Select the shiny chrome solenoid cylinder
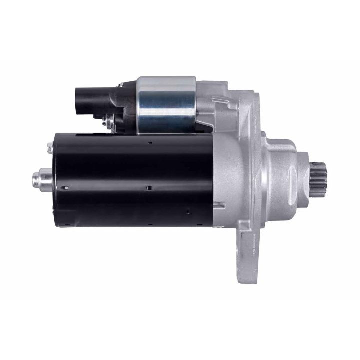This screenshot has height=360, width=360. click(x=166, y=105)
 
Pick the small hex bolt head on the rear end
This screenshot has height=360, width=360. click(x=50, y=148)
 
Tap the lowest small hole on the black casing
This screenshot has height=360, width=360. click(x=188, y=210)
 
